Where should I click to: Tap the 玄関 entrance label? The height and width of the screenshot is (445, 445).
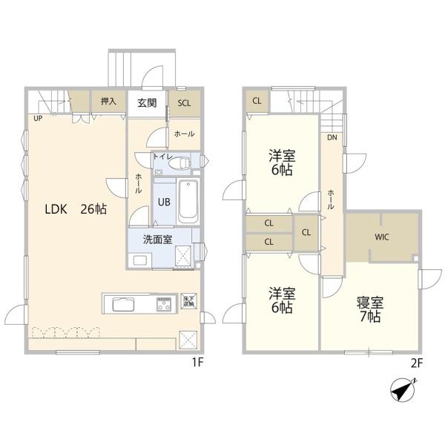(147, 103)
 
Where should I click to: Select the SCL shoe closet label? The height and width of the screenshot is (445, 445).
(184, 103)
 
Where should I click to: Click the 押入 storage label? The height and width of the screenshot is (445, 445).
(108, 101)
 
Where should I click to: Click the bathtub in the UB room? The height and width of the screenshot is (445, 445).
(188, 200)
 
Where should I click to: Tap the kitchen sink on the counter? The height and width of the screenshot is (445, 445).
(122, 304)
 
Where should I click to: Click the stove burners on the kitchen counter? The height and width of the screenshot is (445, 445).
(163, 303)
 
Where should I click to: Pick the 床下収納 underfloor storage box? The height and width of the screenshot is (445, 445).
(188, 300)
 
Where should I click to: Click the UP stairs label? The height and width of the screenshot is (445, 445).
(36, 118)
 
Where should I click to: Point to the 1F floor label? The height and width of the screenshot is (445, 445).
(197, 363)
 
